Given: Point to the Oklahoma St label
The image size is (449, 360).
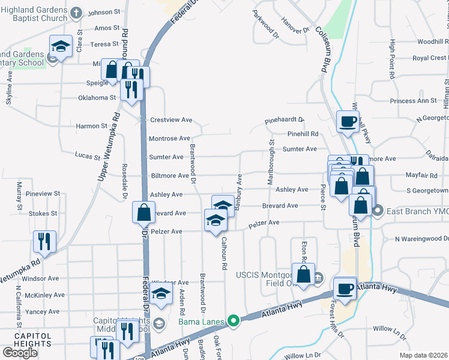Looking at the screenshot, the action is coord(97,98).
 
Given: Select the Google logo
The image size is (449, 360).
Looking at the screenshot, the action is coord(20,352).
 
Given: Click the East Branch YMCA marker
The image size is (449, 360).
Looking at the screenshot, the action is coord(378,211).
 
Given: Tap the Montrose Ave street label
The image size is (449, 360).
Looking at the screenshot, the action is coord(169,139).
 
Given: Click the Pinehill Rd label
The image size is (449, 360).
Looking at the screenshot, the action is coord(303,134).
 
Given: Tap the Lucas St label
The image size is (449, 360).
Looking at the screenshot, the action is coord(88,156).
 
